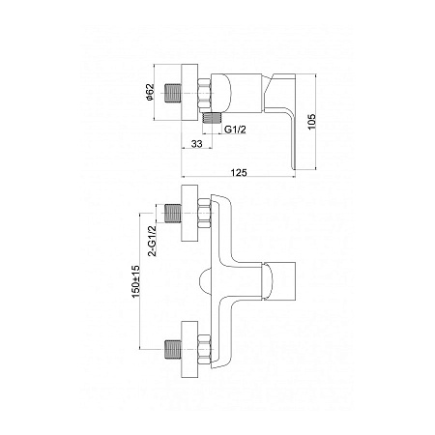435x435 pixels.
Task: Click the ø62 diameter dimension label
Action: [150, 93]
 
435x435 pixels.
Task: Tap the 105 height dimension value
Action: [311, 122]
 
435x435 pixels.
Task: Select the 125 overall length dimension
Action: [239, 173]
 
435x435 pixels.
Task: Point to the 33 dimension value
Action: [196, 144]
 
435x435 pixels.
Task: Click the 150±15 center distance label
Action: [135, 281]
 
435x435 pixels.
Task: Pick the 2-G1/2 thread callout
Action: [152, 241]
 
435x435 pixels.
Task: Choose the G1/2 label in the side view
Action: [235, 130]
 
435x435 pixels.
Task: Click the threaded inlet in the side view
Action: [173, 93]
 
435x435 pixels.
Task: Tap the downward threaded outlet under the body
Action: [213, 118]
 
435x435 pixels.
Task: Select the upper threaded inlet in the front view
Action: [173, 214]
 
